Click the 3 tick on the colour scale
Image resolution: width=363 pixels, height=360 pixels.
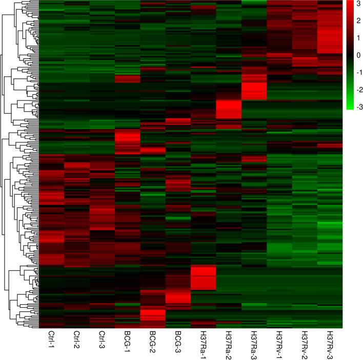click(357, 4)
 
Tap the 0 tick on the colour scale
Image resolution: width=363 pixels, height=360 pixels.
click(357, 55)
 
